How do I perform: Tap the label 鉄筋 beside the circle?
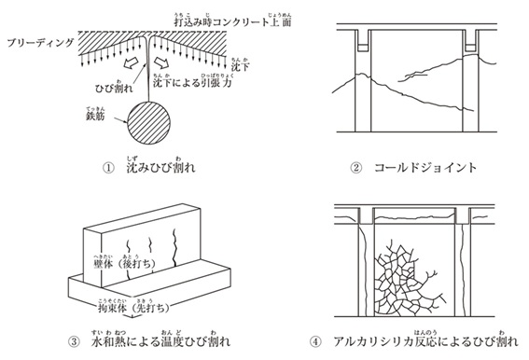[97, 118]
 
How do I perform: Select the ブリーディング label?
[37, 44]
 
